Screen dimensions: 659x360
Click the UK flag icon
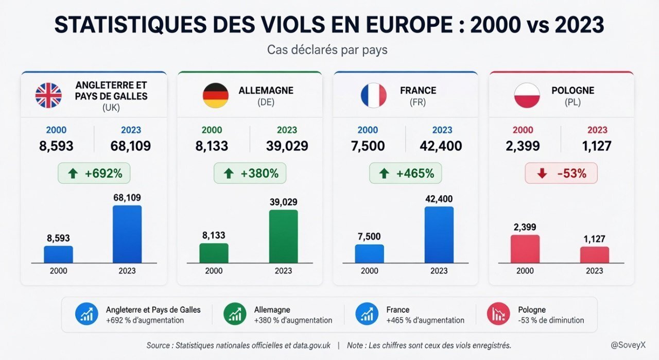[48, 95]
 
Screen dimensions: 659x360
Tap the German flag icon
[216, 95]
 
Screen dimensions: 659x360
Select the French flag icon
[374, 95]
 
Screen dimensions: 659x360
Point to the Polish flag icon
[527, 95]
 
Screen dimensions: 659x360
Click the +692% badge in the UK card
[94, 173]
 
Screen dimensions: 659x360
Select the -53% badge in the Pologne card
[561, 173]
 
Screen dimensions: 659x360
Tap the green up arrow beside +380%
[229, 174]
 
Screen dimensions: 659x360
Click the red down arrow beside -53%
[542, 174]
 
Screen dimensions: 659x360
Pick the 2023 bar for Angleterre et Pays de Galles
[127, 234]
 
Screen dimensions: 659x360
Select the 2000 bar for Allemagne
[214, 253]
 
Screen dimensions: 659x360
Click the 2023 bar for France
[439, 235]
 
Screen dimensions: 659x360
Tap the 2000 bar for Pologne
[525, 249]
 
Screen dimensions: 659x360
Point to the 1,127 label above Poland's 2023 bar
[595, 239]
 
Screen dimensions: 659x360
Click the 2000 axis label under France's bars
[370, 270]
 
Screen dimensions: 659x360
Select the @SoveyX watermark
[628, 345]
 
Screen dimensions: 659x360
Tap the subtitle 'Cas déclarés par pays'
[327, 50]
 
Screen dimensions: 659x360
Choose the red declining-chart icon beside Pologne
[498, 314]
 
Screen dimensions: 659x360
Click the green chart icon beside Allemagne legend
[235, 314]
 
